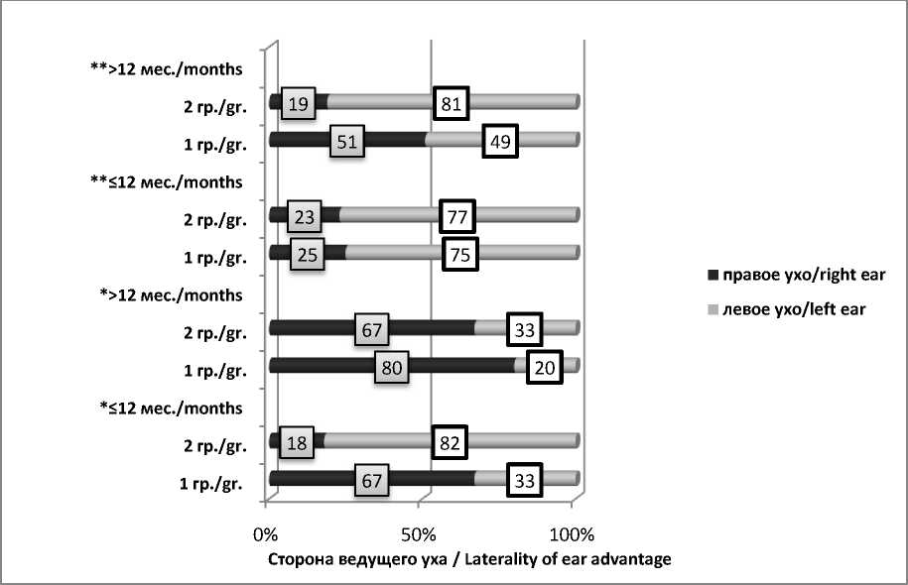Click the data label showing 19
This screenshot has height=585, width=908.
(298, 103)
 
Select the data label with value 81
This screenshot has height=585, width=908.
(452, 102)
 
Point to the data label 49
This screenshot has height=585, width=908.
(498, 141)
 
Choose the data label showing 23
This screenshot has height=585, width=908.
(304, 216)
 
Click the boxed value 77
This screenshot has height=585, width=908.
(457, 215)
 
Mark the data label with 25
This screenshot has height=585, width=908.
(308, 254)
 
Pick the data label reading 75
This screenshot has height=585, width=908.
(460, 253)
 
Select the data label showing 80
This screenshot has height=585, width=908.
(392, 367)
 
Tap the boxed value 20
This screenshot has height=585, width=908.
(544, 367)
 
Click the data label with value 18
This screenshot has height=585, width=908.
(298, 442)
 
